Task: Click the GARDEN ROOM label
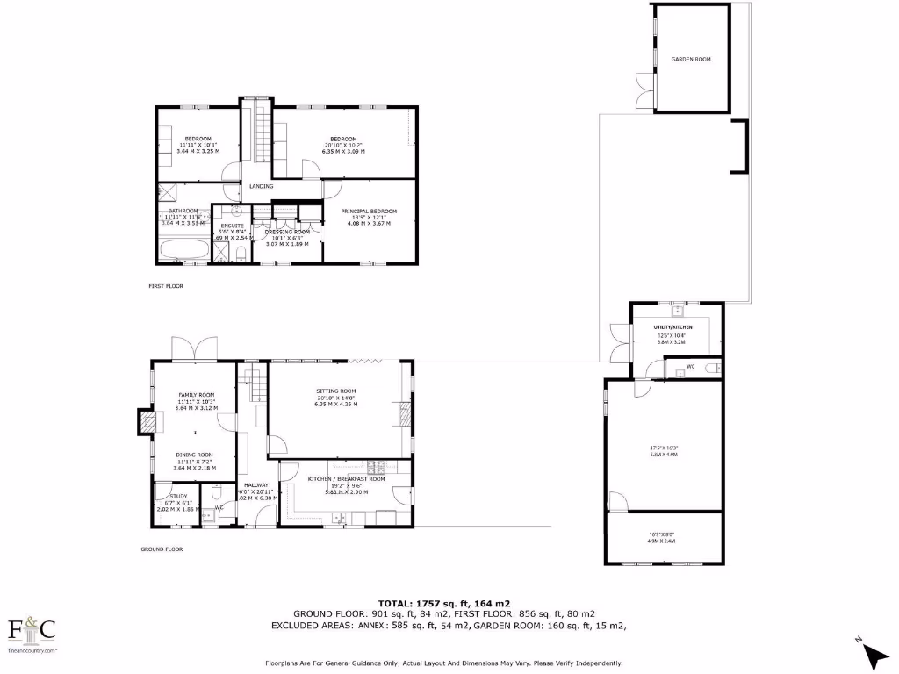coord(691,59)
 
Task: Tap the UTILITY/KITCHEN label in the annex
coord(675,326)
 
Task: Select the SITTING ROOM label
coord(338,391)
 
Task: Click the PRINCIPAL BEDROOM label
coord(369,211)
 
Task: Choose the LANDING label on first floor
coord(261,186)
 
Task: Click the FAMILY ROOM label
coord(196,396)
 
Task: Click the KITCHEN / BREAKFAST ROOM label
coord(346,478)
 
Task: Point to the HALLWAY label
coord(256,485)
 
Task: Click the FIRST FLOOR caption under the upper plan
coord(165,286)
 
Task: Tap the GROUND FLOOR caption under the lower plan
coord(162,549)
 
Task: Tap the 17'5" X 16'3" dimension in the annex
coord(663,449)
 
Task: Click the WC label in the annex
coord(691,366)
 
